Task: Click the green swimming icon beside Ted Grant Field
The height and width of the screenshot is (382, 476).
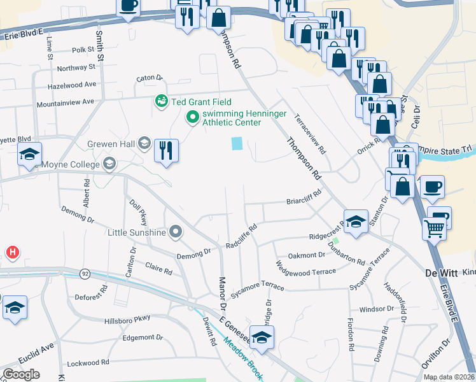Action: pyautogui.click(x=162, y=101)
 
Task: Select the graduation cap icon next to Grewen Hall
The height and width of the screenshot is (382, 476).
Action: pyautogui.click(x=144, y=143)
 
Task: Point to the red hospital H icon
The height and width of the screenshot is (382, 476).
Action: pyautogui.click(x=12, y=253)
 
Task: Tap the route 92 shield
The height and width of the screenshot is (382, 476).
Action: pyautogui.click(x=84, y=273)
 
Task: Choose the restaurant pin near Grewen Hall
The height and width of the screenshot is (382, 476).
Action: pyautogui.click(x=166, y=151)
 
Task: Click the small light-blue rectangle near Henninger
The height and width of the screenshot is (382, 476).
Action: pyautogui.click(x=237, y=144)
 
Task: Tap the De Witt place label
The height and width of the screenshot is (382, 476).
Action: pyautogui.click(x=442, y=272)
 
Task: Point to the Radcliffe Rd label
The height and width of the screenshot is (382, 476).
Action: pyautogui.click(x=241, y=236)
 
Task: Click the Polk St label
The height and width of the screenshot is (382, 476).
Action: pyautogui.click(x=83, y=49)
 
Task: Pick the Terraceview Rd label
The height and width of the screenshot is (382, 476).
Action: pyautogui.click(x=309, y=134)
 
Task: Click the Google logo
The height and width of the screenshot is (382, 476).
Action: pyautogui.click(x=21, y=374)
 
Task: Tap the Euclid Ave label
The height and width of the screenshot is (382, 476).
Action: pyautogui.click(x=39, y=350)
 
